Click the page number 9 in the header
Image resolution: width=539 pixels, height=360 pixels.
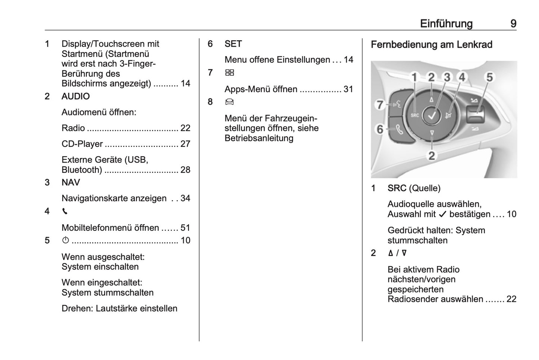[x=513, y=24]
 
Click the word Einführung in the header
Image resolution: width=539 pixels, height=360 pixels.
[x=446, y=24]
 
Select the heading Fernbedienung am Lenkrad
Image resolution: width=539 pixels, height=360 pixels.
[x=432, y=45]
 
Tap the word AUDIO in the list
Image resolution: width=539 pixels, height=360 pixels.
[x=76, y=97]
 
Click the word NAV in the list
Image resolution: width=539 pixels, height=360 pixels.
[x=70, y=183]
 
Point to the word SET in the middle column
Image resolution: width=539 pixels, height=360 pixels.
[x=233, y=44]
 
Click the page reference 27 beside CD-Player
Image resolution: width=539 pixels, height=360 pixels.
[x=185, y=144]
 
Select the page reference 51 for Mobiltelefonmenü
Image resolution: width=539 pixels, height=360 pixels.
[x=185, y=228]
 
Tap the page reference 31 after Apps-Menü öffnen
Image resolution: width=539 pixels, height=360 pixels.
[x=348, y=89]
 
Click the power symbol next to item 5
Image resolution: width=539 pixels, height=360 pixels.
[x=66, y=240]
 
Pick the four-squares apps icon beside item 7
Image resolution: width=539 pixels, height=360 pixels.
[x=229, y=73]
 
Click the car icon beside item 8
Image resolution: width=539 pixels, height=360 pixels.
[x=229, y=102]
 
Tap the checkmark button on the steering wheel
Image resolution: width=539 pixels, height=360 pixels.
[x=432, y=116]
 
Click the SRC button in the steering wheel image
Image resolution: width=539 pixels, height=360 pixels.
[x=415, y=116]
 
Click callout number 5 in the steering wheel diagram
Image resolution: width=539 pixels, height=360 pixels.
[x=489, y=78]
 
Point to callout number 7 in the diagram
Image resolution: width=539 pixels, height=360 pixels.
[x=380, y=105]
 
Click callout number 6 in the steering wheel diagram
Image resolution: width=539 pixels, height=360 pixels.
[x=380, y=129]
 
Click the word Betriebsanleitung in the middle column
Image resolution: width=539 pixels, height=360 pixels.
[x=259, y=138]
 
